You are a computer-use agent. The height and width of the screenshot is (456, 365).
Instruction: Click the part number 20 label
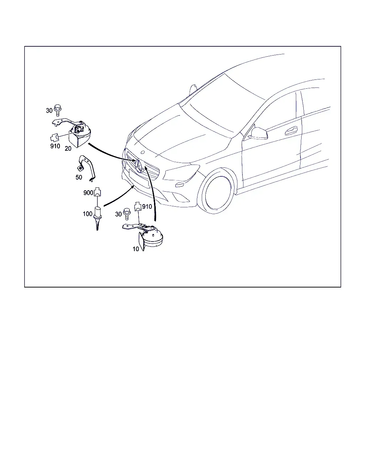68,149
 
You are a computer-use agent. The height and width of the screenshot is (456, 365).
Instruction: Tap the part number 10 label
136,249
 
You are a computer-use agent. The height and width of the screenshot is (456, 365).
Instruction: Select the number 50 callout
79,177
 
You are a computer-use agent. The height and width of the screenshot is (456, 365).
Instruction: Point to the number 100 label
87,214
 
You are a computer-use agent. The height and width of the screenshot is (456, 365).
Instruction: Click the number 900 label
88,193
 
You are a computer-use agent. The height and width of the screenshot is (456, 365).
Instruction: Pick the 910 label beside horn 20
55,146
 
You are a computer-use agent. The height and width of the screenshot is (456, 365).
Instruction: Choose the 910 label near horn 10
147,206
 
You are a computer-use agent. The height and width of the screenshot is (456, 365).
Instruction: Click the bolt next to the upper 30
57,110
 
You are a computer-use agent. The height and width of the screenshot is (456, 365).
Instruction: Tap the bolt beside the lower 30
127,214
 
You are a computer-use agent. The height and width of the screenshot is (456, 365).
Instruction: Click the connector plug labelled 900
97,192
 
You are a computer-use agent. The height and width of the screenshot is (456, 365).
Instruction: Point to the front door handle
291,130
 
